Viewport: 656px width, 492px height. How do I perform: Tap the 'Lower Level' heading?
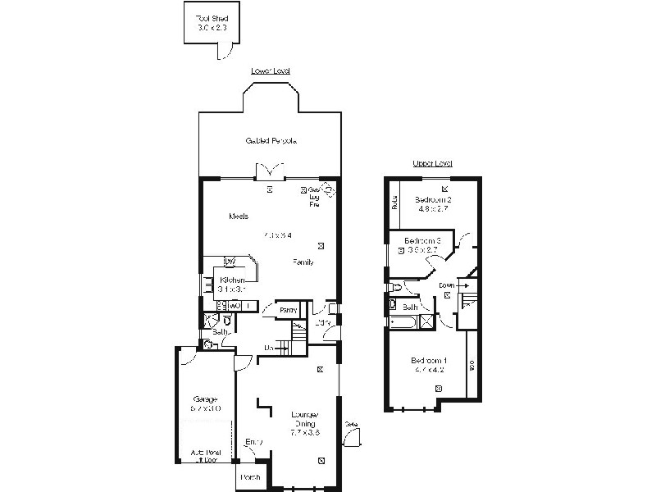coord(271,72)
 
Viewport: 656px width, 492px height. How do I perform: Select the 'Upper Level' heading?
coord(432,164)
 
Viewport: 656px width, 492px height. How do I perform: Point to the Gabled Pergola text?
coord(271,141)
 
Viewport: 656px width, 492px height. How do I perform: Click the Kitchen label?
coord(233,280)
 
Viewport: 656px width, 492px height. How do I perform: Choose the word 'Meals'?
coord(239,216)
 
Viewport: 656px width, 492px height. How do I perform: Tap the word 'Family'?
coord(304,262)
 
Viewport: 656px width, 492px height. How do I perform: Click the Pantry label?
coord(288,310)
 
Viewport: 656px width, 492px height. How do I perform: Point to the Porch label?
coord(250,477)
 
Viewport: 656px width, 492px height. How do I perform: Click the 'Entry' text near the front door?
coord(254,443)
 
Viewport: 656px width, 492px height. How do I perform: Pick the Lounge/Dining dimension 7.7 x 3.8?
coord(304,431)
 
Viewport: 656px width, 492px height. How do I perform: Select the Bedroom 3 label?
coord(425,240)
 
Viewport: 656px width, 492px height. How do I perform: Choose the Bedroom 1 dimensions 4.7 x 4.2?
coord(430,371)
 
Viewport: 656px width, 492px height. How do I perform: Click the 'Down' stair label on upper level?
coord(447,285)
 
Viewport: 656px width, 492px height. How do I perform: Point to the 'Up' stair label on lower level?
coord(268,348)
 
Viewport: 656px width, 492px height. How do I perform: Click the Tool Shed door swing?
coord(221,52)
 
